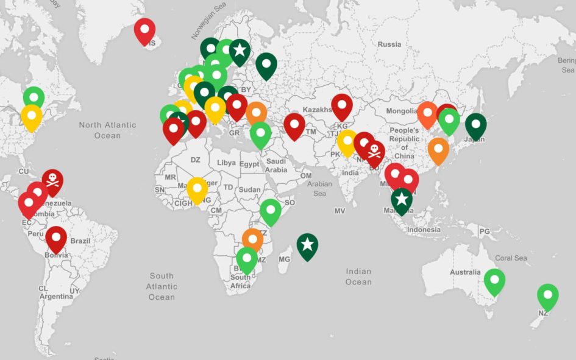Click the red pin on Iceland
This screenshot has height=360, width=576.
[144, 30]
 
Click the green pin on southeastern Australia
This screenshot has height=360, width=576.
[494, 281]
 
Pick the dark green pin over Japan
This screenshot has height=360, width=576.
[475, 125]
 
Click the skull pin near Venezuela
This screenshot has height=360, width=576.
[52, 181]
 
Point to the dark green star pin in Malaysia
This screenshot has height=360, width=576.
[401, 199]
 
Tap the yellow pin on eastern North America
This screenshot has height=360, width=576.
[32, 116]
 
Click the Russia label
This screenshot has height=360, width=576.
[389, 44]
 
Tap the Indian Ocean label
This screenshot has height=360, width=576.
[358, 277]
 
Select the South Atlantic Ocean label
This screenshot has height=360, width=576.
[162, 286]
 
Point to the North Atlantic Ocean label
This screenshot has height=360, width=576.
[107, 130]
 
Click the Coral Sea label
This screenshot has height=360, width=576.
[511, 258]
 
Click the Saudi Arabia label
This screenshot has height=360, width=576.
[276, 166]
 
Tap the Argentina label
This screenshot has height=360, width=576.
[56, 296]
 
